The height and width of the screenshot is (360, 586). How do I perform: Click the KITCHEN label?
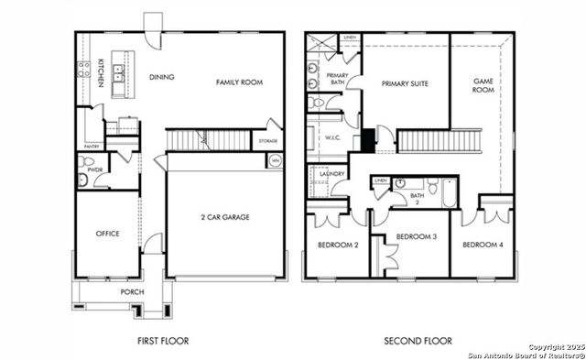[101, 72]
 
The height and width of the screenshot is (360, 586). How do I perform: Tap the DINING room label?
[161, 77]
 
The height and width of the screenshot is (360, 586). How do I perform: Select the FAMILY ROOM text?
[239, 82]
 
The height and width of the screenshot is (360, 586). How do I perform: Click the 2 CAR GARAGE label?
[225, 217]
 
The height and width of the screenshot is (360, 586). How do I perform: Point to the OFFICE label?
[108, 234]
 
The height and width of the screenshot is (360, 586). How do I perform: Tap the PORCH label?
[132, 293]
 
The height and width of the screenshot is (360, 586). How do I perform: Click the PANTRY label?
[91, 146]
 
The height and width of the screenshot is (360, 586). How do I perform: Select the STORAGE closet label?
[267, 141]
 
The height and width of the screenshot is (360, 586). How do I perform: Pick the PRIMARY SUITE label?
[405, 83]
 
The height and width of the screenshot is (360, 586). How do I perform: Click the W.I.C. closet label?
[332, 138]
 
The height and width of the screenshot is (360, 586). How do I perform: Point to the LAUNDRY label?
[331, 172]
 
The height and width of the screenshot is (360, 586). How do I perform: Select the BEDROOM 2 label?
[337, 245]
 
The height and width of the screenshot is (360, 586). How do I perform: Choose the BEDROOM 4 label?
[483, 245]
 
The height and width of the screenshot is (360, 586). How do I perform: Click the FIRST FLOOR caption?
[162, 341]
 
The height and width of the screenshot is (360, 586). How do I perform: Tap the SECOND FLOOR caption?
[418, 341]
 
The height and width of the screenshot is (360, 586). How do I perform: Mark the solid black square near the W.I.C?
[367, 141]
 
